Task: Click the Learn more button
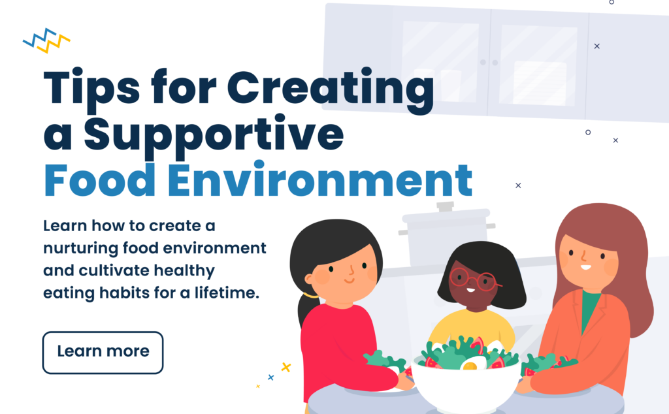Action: click(103, 352)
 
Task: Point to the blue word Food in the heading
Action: click(87, 179)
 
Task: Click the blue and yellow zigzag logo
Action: click(46, 40)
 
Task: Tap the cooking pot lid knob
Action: click(445, 206)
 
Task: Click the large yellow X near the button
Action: click(286, 367)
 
